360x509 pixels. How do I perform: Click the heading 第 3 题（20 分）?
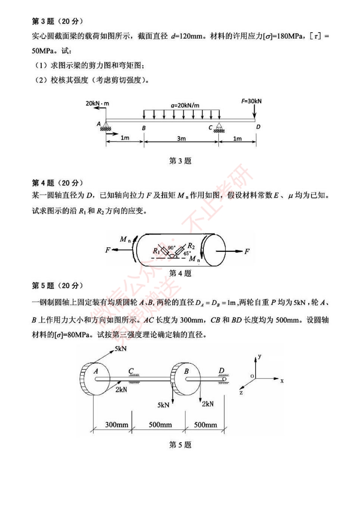(58, 21)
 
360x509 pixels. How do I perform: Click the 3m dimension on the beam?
(181, 139)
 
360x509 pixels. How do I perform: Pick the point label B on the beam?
(143, 128)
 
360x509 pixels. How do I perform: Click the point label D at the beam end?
(258, 127)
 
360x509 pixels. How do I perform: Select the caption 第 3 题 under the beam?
(180, 161)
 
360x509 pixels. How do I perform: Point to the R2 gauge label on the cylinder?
(191, 246)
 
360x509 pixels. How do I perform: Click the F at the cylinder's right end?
(247, 251)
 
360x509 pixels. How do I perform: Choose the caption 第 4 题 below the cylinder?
(180, 273)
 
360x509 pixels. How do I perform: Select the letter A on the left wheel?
(96, 371)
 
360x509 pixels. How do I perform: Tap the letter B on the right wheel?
(186, 372)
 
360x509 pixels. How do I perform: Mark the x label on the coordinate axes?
(282, 381)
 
